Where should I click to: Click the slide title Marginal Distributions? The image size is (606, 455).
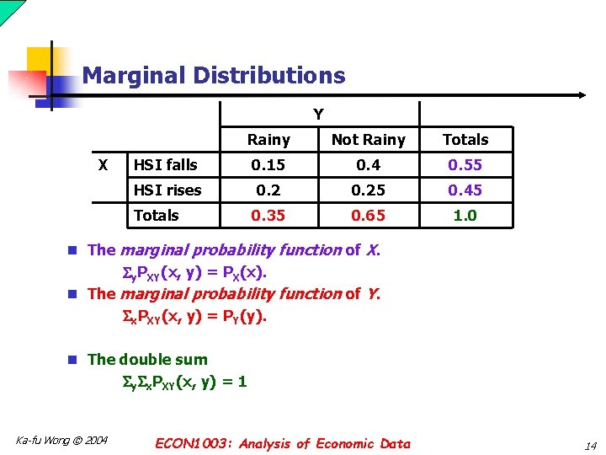[214, 76]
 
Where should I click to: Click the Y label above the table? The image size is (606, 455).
[318, 114]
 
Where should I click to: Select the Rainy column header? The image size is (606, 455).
[268, 140]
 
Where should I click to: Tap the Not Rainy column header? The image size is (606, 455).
[368, 140]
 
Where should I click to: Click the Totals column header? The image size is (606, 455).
[465, 140]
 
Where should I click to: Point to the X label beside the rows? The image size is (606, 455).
[103, 164]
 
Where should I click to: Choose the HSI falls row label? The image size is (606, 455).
[166, 165]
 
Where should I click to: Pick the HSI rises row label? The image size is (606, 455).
[167, 190]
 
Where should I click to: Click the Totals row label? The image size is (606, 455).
[157, 216]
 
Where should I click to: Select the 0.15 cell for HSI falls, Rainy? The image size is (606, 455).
[268, 165]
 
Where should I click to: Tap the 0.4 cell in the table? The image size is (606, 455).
[368, 165]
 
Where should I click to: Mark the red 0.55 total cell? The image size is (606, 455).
[465, 165]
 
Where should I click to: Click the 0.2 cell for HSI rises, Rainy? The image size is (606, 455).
[268, 190]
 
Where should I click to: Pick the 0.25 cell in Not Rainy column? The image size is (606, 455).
[368, 190]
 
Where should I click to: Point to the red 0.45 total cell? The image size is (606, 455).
[465, 190]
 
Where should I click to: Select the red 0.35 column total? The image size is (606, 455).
[268, 216]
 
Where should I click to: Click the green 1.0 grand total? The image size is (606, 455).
[465, 216]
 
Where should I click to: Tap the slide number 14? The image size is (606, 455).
[589, 445]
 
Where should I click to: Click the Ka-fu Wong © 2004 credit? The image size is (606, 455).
[61, 440]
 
